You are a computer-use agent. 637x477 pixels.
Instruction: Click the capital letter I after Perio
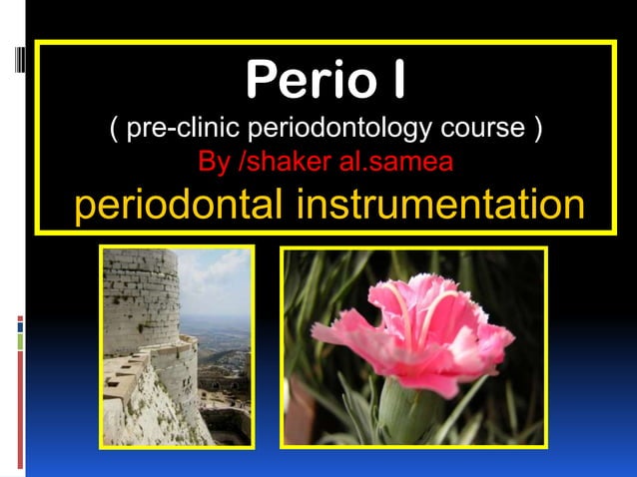(x=396, y=81)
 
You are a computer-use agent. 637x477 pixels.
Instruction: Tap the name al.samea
(x=396, y=161)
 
